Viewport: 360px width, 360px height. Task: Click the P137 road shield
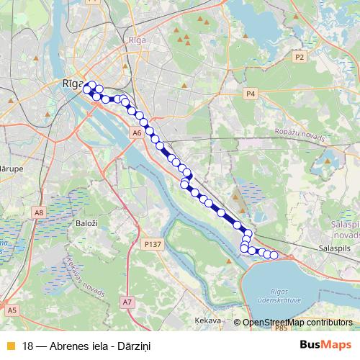tap(151, 245)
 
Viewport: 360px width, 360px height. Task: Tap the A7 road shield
tap(127, 301)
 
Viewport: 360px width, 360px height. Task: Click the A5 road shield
tap(12, 310)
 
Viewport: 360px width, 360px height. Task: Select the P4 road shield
tap(251, 94)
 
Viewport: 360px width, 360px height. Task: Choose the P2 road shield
tap(300, 56)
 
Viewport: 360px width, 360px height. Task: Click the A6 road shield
tap(137, 133)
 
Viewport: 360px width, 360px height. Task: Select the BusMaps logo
tap(325, 344)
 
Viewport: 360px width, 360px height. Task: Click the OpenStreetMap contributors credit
tap(297, 322)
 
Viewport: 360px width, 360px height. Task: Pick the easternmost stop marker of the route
tap(274, 255)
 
